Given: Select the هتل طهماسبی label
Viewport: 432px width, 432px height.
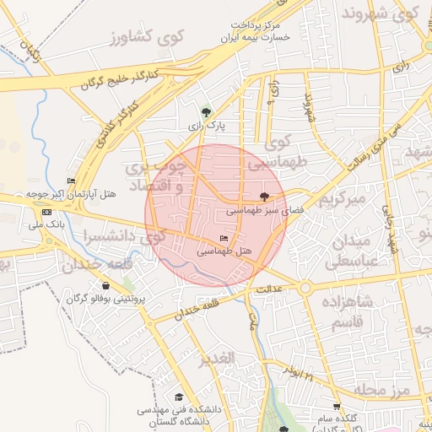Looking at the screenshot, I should click(x=224, y=251).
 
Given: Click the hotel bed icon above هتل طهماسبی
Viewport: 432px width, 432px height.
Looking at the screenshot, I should click(x=224, y=239).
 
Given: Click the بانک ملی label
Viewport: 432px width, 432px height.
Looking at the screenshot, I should click(x=46, y=224).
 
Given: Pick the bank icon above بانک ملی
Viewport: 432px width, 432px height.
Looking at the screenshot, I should click(x=46, y=212).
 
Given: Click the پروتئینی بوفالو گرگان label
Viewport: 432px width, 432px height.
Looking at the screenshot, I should click(x=107, y=299).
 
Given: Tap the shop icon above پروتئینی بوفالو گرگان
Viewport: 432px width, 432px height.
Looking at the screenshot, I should click(x=105, y=286).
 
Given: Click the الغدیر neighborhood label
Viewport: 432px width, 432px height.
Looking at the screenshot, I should click(x=217, y=360).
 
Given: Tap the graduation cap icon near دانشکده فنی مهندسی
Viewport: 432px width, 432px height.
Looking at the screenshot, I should click(x=178, y=397).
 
